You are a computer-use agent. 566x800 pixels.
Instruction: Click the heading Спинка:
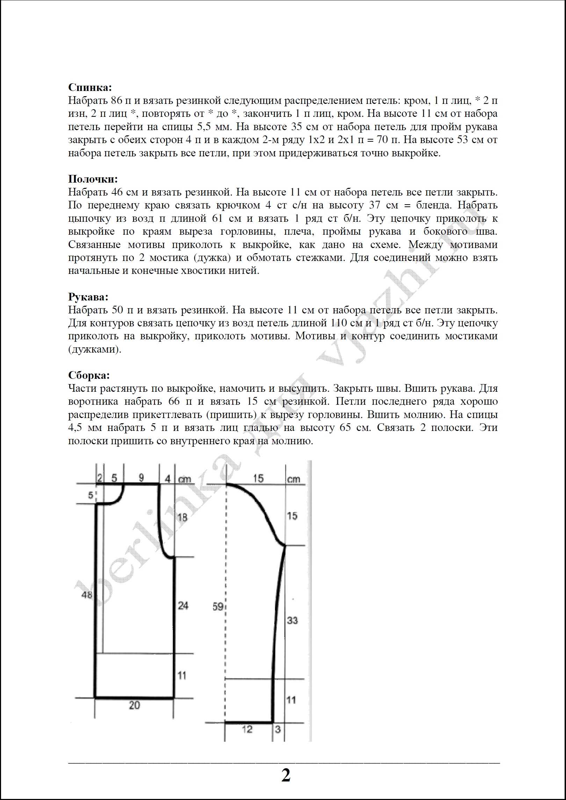pyautogui.click(x=90, y=87)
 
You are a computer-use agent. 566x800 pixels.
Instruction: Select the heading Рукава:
pyautogui.click(x=88, y=297)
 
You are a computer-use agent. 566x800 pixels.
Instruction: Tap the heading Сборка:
pyautogui.click(x=89, y=375)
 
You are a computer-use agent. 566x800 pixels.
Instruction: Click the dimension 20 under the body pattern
pyautogui.click(x=134, y=705)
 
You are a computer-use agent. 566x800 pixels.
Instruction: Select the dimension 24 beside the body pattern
pyautogui.click(x=183, y=605)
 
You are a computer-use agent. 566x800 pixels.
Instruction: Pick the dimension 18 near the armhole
pyautogui.click(x=182, y=517)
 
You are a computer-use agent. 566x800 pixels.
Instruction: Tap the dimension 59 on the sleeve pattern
pyautogui.click(x=218, y=606)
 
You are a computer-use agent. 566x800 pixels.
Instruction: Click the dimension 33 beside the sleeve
pyautogui.click(x=292, y=620)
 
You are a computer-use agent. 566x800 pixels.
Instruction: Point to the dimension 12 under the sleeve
pyautogui.click(x=247, y=729)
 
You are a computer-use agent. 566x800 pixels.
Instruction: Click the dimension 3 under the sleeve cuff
pyautogui.click(x=278, y=729)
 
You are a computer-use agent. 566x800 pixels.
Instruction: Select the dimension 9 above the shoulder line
pyautogui.click(x=141, y=477)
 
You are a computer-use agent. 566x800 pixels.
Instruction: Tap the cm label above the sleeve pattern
pyautogui.click(x=293, y=479)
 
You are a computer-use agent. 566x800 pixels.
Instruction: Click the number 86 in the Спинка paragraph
pyautogui.click(x=116, y=101)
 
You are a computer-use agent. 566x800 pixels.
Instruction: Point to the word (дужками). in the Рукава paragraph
pyautogui.click(x=95, y=349)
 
